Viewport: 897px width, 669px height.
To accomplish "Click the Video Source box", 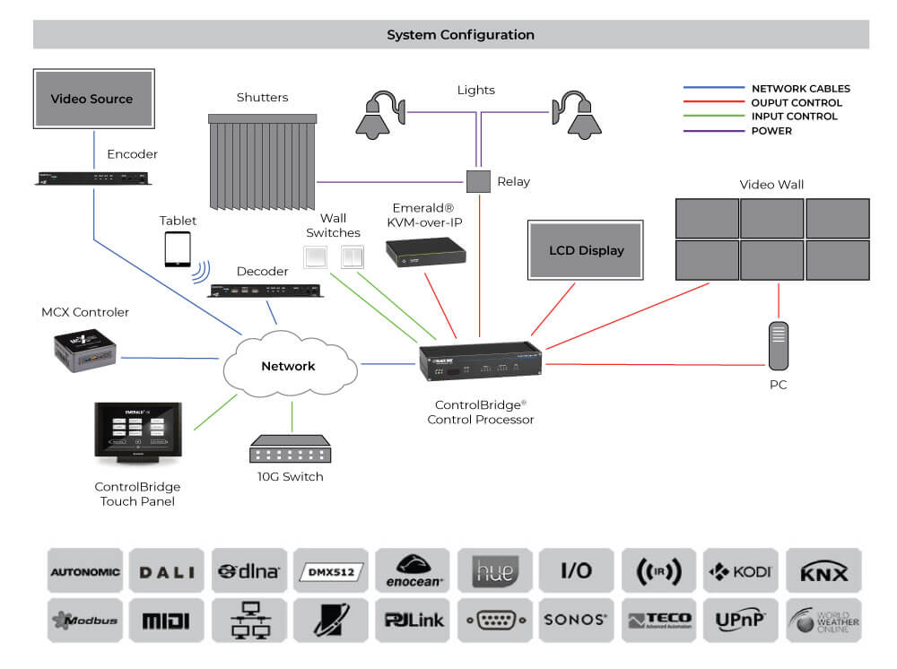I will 91,99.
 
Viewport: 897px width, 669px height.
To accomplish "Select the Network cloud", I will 288,366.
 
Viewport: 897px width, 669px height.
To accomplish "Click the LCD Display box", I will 587,249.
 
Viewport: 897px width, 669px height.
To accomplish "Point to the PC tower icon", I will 779,345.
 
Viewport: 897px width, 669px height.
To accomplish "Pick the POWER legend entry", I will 771,131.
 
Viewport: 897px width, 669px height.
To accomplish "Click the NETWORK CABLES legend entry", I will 800,89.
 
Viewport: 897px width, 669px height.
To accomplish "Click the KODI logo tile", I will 741,571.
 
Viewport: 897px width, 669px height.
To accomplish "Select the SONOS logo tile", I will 576,620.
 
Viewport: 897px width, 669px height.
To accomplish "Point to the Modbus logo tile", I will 85,620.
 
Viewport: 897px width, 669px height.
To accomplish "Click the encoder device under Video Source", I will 92,178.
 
